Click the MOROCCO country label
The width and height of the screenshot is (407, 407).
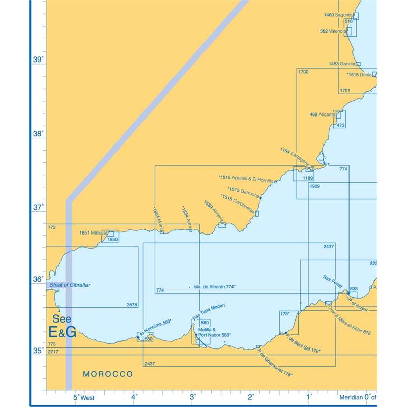[x=108, y=374]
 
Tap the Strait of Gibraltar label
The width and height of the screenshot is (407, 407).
[x=70, y=285]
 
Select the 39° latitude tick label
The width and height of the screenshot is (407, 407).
[x=38, y=60]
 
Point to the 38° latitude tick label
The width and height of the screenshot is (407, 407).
[x=38, y=134]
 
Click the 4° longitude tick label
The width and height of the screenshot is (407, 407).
[x=134, y=397]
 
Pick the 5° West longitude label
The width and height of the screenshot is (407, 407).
[x=83, y=397]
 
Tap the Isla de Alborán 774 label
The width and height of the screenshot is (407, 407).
[x=214, y=287]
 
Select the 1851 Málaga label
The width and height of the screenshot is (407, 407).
[x=93, y=232]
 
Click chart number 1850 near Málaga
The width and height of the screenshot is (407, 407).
[x=112, y=239]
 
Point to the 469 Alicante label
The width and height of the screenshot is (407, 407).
[x=322, y=114]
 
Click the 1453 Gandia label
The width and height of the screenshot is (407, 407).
[x=341, y=64]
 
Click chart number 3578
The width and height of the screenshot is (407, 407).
[x=132, y=305]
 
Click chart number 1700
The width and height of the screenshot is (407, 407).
[x=303, y=72]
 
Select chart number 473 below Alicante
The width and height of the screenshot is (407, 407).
[x=341, y=125]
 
